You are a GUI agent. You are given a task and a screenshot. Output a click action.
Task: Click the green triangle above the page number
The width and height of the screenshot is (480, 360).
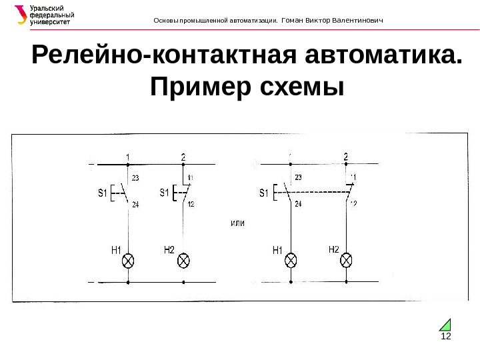tap(445, 325)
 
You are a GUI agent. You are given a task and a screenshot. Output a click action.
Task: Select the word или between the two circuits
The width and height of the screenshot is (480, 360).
tap(237, 222)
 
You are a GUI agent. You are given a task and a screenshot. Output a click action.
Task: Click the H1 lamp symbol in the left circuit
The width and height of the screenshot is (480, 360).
tap(129, 260)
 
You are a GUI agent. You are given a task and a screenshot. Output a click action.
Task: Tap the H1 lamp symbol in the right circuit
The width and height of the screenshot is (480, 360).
tap(291, 260)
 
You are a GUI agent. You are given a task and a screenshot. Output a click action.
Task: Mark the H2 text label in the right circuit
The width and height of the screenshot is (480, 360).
tap(334, 249)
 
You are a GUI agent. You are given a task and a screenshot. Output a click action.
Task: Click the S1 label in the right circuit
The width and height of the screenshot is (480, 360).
tap(263, 194)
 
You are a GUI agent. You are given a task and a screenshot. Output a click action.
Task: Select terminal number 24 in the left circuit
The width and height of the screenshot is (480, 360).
tap(135, 205)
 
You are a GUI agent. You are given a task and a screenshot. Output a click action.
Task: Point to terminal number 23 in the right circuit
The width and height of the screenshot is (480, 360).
tap(297, 177)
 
